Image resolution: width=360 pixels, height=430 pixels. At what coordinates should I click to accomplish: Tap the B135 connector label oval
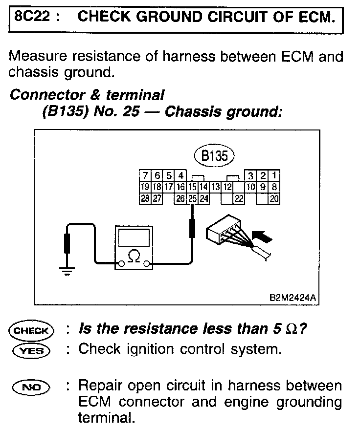tap(214, 156)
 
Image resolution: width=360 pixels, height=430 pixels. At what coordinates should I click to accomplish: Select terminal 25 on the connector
tap(192, 198)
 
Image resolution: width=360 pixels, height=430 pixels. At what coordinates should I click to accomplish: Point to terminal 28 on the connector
tap(145, 198)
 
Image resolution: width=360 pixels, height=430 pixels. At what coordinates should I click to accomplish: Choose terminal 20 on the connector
tap(274, 198)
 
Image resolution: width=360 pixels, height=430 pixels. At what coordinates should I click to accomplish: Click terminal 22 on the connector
tap(239, 198)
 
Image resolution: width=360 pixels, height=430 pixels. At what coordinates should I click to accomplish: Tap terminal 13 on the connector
tap(216, 187)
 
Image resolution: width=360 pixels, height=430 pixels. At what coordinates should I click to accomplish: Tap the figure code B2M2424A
tap(291, 297)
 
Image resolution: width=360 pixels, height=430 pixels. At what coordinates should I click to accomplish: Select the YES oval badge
tap(30, 350)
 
